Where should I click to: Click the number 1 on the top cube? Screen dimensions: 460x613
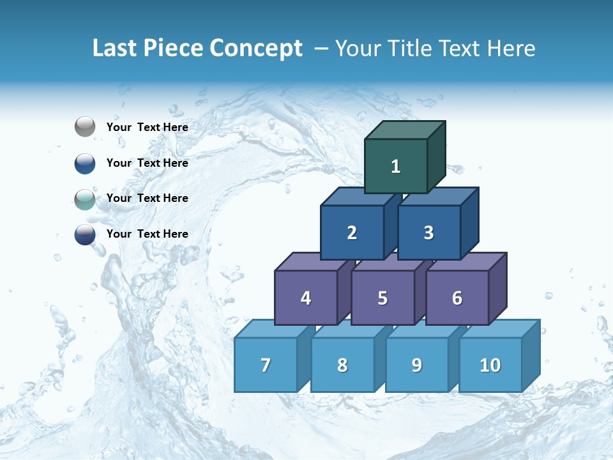(x=396, y=166)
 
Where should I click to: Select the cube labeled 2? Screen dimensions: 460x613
(x=352, y=233)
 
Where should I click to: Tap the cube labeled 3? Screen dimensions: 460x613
(x=428, y=233)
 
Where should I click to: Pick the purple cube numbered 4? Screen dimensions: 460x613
(x=306, y=298)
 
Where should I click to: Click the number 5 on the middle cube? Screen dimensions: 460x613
(x=382, y=298)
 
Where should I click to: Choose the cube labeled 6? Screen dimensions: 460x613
(x=457, y=298)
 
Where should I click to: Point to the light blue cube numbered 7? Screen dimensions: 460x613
(x=266, y=365)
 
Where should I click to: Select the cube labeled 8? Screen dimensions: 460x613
(x=342, y=365)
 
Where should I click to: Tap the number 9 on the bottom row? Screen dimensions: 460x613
(x=416, y=365)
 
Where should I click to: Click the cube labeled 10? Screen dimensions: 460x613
(x=490, y=365)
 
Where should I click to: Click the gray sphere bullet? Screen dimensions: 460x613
(x=85, y=127)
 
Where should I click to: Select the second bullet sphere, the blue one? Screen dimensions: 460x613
(x=85, y=163)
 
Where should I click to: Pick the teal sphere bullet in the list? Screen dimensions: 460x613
(x=85, y=199)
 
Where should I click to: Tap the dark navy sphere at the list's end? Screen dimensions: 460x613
(x=85, y=234)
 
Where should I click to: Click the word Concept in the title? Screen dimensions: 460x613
(x=255, y=49)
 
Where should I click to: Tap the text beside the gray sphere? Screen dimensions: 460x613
(x=147, y=127)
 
